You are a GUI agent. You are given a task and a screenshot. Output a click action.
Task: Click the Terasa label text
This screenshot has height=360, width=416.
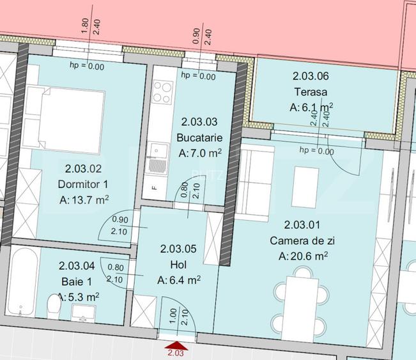(311, 91)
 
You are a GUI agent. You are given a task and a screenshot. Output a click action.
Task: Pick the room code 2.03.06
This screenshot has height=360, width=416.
(311, 75)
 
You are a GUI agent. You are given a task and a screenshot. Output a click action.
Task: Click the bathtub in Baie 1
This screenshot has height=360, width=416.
(23, 281)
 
